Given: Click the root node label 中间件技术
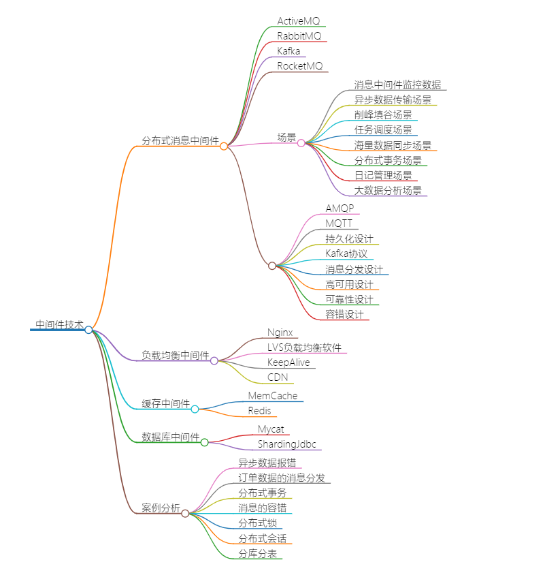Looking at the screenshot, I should [59, 325].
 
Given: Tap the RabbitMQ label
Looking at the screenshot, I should [299, 36].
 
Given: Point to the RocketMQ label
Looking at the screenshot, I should [300, 66].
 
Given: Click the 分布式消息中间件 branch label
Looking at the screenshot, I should [180, 141].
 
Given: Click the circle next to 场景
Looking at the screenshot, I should [301, 143].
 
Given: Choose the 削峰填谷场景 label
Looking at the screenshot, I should [383, 114].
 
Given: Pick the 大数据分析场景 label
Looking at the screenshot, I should [388, 190].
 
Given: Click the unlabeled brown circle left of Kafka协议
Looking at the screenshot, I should [272, 266].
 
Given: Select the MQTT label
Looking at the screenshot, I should [339, 223].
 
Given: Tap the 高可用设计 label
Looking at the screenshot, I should [349, 284].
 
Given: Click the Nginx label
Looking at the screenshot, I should [280, 332].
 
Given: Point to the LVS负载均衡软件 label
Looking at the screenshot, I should [304, 347].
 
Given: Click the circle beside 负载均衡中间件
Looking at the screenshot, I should [214, 360].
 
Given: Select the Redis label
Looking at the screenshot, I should [259, 411].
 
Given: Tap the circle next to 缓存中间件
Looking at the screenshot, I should [195, 409].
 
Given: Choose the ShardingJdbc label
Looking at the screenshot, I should [286, 444].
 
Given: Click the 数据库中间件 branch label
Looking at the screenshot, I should [171, 437].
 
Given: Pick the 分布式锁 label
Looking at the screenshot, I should [257, 523].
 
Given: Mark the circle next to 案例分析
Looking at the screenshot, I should [185, 513].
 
